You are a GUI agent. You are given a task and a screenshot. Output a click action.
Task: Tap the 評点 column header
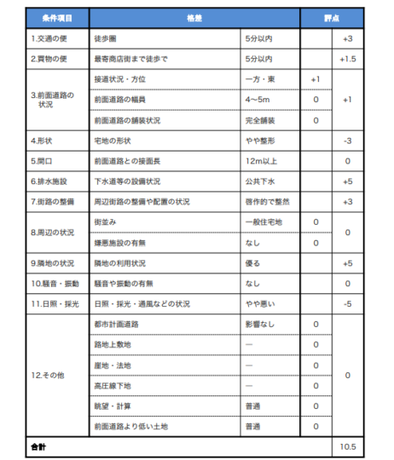pyautogui.click(x=332, y=18)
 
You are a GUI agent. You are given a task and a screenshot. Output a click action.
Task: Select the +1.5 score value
pyautogui.click(x=347, y=59)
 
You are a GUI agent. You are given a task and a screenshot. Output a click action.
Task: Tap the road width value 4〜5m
pyautogui.click(x=258, y=100)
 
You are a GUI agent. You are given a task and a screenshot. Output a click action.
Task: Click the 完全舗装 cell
pyautogui.click(x=258, y=120)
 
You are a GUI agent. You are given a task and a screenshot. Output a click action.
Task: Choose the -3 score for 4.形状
pyautogui.click(x=347, y=141)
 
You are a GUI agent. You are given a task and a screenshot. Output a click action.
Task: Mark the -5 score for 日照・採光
pyautogui.click(x=347, y=304)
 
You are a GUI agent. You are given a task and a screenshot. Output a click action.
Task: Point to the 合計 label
pyautogui.click(x=39, y=446)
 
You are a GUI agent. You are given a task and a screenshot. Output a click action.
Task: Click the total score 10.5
pyautogui.click(x=347, y=446)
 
